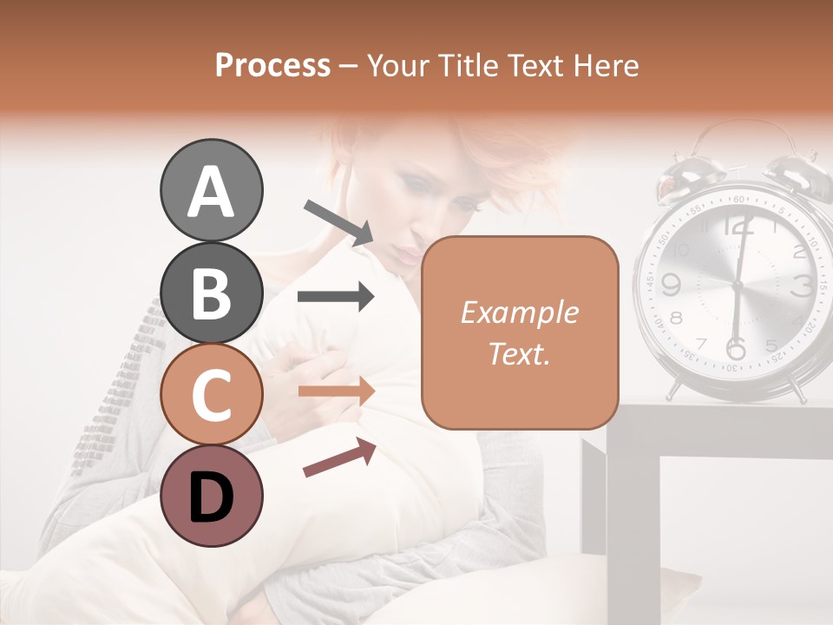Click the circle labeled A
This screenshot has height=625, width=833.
pos(211,191)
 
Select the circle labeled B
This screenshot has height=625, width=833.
pos(211,293)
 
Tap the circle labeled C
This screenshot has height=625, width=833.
pos(211,394)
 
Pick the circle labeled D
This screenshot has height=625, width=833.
pos(211,496)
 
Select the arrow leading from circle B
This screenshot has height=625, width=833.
pos(336,297)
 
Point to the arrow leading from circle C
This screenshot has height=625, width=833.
pos(336,391)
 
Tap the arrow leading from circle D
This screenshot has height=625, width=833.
pos(339,457)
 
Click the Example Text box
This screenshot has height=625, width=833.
pos(520,332)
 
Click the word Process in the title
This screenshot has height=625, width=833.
pos(272,65)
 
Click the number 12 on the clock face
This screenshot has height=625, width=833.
pos(738,227)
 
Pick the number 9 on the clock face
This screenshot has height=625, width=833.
pos(670,284)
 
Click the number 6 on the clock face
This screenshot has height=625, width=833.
pos(735,347)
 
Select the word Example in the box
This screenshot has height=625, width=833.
pos(520,312)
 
